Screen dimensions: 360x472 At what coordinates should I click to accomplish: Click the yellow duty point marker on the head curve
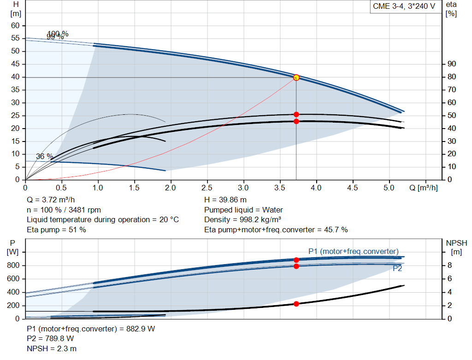[x=296, y=77]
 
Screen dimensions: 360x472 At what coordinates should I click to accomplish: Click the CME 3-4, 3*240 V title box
[x=404, y=7]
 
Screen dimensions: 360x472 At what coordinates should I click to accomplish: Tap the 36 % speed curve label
[x=44, y=157]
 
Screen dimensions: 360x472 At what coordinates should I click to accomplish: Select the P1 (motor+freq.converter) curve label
[x=353, y=251]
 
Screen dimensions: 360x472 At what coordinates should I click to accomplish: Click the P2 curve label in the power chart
[x=397, y=268]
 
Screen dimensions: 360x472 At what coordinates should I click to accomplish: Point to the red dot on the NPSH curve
[x=296, y=304]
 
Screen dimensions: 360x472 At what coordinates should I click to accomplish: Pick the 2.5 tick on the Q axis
[x=207, y=188]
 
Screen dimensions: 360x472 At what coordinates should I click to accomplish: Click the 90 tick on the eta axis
[x=451, y=64]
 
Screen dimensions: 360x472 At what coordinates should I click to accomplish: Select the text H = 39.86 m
[x=225, y=200]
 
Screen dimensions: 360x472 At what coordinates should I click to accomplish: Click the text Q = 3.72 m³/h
[x=50, y=200]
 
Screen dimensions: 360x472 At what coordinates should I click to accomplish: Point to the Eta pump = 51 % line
[x=56, y=230]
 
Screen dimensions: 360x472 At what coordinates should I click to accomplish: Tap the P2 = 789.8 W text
[x=50, y=339]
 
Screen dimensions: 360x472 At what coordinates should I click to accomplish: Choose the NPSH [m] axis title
[x=456, y=247]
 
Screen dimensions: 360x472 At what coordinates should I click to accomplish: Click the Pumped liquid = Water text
[x=243, y=210]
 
